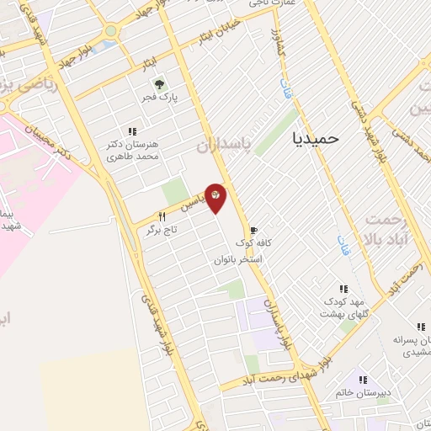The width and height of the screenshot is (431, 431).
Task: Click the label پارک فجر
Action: coord(158,98)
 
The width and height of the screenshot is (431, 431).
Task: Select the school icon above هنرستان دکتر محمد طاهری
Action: coord(131,131)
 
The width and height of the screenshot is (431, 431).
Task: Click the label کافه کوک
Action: coord(250,243)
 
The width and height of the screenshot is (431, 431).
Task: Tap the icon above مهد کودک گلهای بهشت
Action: coord(343,288)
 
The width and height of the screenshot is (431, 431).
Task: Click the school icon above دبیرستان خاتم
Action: coord(363,379)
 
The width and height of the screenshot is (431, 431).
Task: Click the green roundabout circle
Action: coord(110,31)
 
